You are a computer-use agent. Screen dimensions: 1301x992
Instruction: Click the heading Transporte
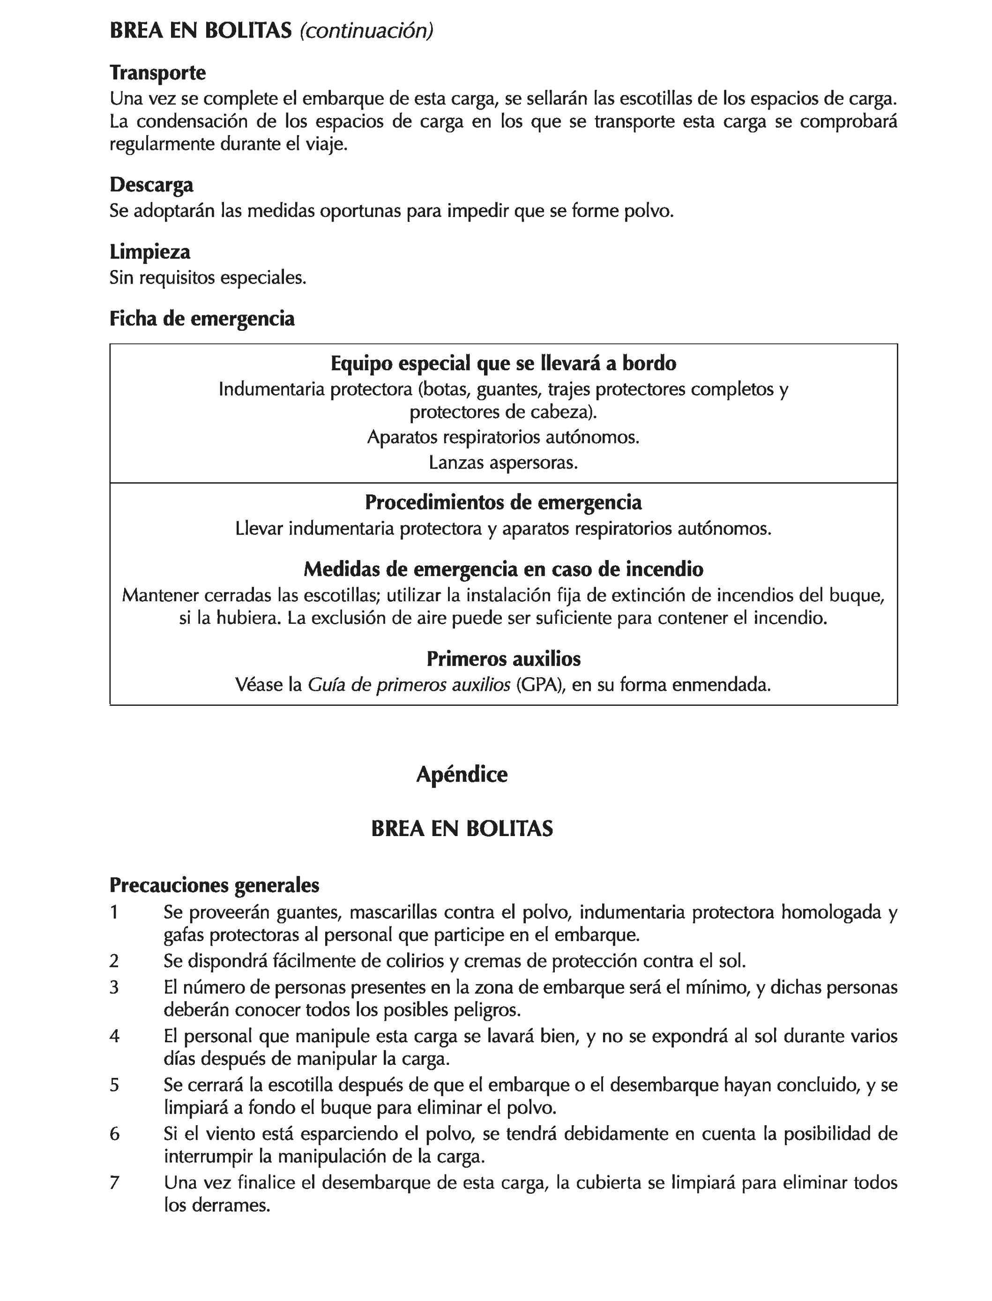pos(157,73)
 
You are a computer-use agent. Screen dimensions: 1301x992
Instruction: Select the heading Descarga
pos(151,185)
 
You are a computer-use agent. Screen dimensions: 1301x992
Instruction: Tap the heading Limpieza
pos(150,252)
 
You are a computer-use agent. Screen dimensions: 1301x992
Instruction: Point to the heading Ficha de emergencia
pos(202,319)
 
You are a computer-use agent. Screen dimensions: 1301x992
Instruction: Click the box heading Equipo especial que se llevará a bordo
pos(503,363)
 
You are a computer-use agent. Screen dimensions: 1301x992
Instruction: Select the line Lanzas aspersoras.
pos(503,463)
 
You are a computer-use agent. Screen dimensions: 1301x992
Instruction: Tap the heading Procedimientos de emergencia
pos(503,502)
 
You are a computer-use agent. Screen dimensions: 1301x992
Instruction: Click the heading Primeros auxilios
pos(503,658)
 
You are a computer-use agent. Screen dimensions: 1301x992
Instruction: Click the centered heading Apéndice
pos(462,774)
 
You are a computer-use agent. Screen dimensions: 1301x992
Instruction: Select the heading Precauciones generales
pos(214,885)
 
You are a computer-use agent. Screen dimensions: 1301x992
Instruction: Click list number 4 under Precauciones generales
pos(114,1036)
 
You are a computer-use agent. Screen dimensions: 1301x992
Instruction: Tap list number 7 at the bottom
pos(114,1183)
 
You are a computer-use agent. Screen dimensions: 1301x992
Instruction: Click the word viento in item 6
pos(223,1134)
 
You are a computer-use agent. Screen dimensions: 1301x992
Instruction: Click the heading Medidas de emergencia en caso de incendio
pos(503,569)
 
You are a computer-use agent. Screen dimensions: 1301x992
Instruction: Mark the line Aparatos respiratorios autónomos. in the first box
pos(503,438)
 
